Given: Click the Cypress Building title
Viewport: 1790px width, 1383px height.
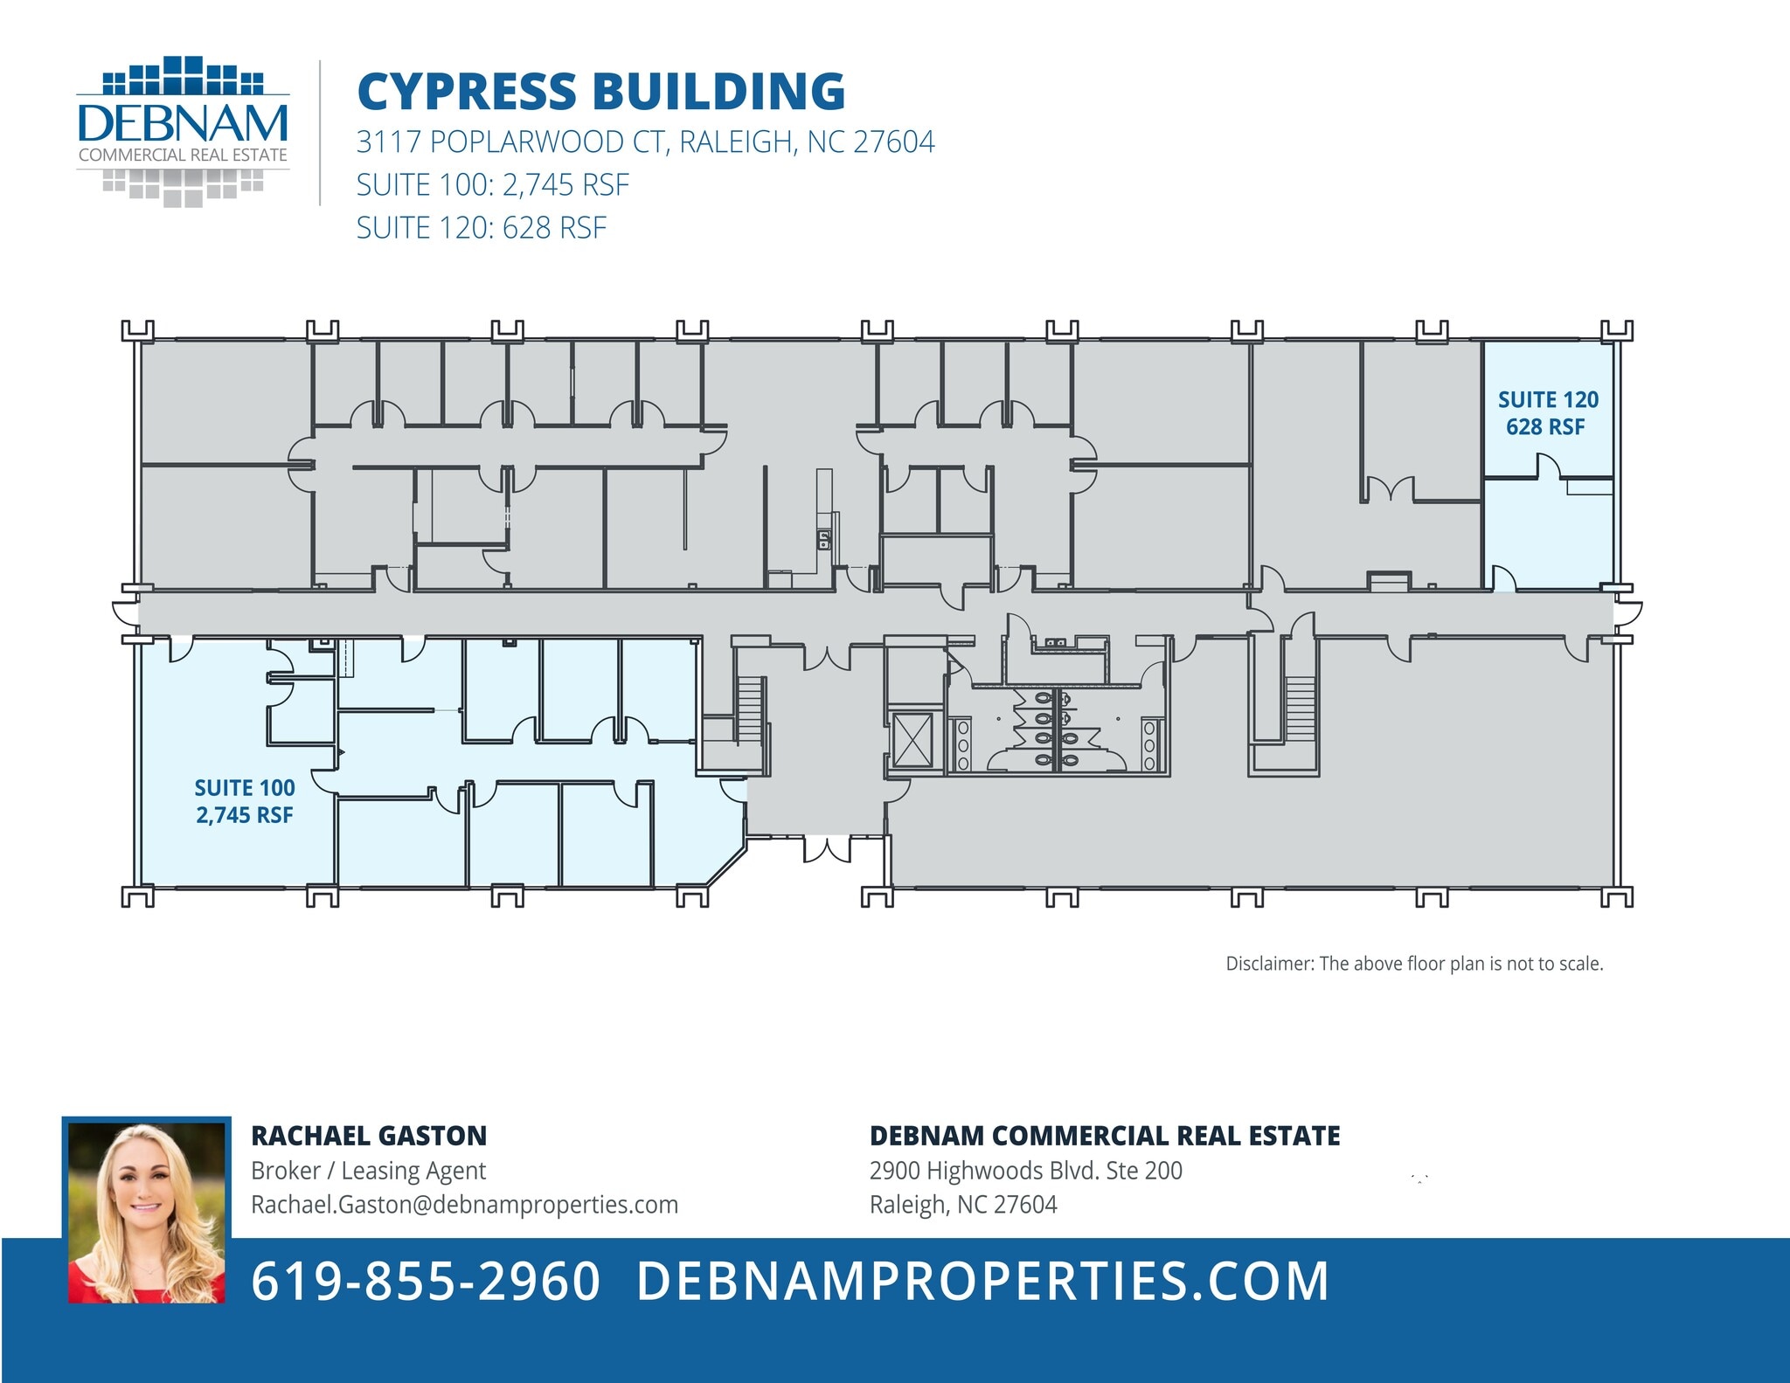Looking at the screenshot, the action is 601,92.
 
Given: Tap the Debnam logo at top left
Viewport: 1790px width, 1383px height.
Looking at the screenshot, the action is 183,132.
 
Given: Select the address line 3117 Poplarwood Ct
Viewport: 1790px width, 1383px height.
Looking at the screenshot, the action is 645,142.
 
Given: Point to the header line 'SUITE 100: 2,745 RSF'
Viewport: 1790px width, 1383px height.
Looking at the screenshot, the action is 492,184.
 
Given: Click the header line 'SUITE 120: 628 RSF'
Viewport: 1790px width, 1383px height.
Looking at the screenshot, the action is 481,227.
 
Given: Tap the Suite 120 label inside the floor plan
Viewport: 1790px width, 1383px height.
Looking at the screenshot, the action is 1548,413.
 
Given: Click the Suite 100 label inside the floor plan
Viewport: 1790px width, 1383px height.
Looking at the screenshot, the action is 245,801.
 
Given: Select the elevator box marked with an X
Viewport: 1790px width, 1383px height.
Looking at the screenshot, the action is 912,739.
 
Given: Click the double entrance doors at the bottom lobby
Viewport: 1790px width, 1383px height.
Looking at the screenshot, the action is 827,848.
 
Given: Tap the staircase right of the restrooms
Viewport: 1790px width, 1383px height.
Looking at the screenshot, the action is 1301,709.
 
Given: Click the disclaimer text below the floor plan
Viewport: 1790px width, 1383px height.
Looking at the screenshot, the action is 1414,964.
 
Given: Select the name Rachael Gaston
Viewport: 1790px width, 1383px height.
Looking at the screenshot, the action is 369,1136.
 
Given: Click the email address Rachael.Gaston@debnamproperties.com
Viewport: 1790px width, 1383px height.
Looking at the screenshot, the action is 464,1205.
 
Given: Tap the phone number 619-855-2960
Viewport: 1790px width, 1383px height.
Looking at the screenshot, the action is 426,1282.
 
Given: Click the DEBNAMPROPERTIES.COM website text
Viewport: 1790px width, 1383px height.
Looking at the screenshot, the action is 982,1282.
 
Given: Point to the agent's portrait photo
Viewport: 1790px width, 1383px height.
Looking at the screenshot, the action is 147,1212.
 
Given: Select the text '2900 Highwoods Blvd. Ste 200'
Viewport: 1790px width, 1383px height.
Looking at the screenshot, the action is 1025,1171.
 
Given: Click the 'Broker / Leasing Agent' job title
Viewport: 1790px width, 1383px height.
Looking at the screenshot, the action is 368,1171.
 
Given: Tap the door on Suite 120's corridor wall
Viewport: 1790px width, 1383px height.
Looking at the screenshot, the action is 1503,577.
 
